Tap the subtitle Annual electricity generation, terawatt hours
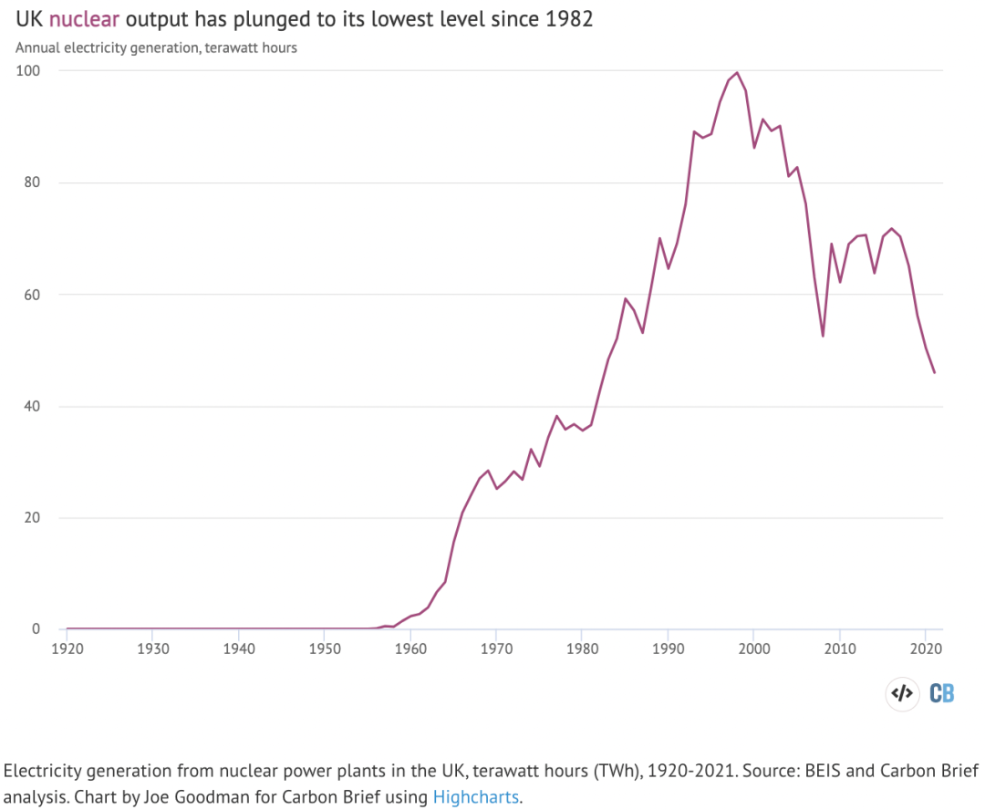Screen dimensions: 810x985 tap(156, 47)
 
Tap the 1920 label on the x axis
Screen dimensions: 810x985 tap(67, 648)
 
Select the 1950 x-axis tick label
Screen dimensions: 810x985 tap(325, 648)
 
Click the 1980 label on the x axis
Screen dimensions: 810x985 tap(582, 648)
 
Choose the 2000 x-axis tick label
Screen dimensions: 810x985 tap(753, 648)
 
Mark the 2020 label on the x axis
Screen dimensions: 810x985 tap(925, 648)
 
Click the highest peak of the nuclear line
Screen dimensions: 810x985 tap(737, 73)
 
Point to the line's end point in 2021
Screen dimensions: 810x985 tap(934, 372)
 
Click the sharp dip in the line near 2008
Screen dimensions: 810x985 tap(823, 336)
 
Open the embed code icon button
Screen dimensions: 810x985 tap(901, 693)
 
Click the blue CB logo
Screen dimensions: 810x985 tap(942, 693)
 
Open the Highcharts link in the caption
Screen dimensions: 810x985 tap(475, 796)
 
